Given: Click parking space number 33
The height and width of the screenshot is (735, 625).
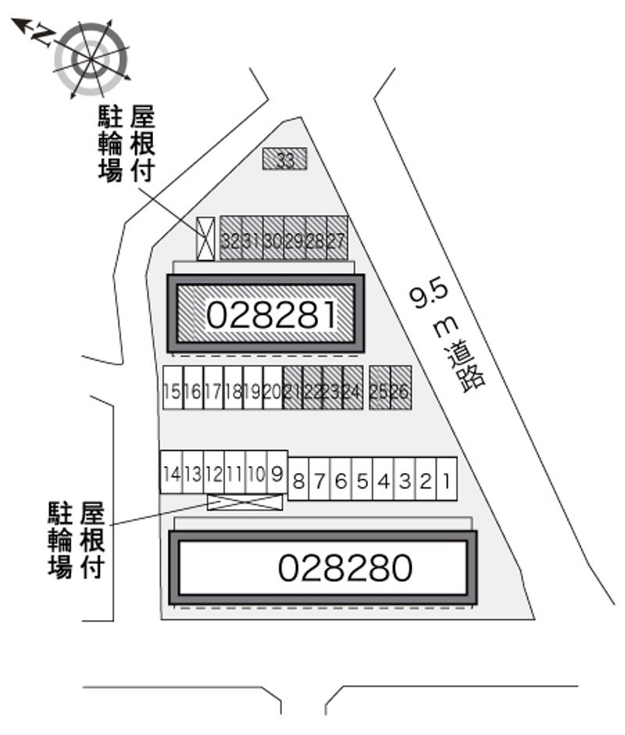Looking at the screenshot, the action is (285, 160).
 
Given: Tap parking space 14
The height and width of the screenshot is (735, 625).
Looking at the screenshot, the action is (172, 473).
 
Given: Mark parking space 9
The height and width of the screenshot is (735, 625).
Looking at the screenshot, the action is (277, 473).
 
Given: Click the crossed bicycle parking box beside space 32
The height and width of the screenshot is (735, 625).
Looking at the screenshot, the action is (205, 238).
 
